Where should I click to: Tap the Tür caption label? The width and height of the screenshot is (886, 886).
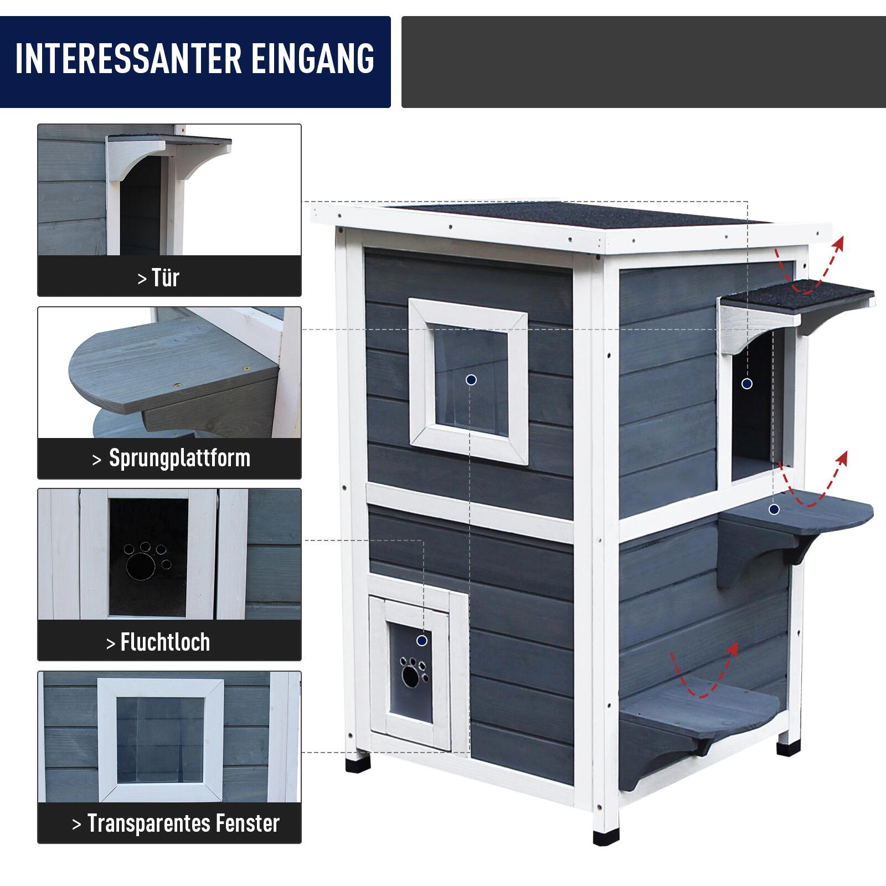coord(159,277)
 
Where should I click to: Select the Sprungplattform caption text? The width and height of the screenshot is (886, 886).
coord(172,459)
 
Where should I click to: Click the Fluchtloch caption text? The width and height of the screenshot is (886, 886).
coord(158,642)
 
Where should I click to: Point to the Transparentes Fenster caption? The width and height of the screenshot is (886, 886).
coord(176,823)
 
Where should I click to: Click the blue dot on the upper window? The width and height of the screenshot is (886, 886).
coord(471,380)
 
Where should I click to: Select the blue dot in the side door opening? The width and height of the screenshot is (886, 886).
coord(747,383)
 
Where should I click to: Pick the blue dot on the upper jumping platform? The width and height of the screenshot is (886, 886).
coord(774,509)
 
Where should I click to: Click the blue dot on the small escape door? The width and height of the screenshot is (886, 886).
coord(422,641)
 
